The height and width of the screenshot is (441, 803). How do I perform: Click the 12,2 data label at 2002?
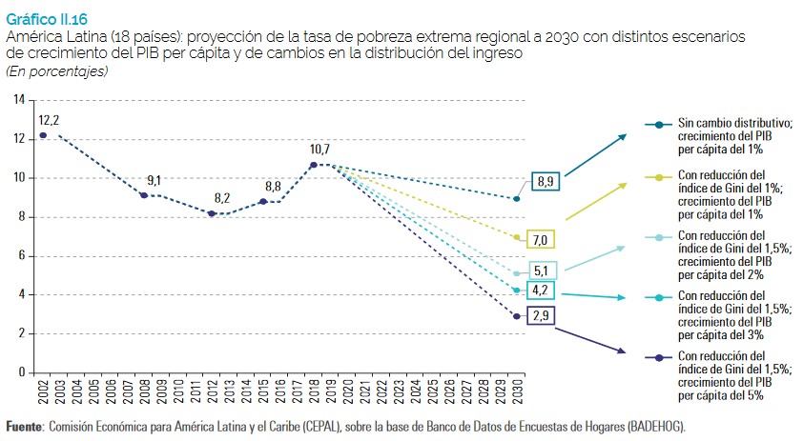pos(49,120)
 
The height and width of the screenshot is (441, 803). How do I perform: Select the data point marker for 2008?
pos(143,195)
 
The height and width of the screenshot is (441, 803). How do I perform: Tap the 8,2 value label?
pos(222,198)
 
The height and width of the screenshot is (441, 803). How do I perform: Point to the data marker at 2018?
pos(313,165)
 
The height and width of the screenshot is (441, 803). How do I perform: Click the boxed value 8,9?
pos(546,181)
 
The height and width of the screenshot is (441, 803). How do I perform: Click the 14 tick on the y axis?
pos(19,100)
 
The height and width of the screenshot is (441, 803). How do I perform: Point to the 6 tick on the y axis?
pos(22,256)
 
